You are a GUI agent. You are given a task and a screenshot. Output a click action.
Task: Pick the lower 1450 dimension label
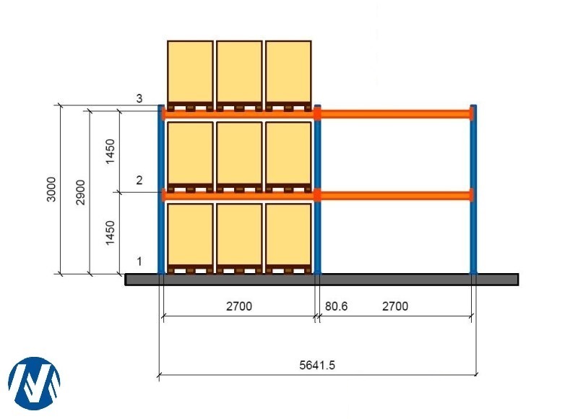pyautogui.click(x=110, y=233)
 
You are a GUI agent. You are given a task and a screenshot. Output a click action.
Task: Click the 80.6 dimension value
pyautogui.click(x=336, y=306)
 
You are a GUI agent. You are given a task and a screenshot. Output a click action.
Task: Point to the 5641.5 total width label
pyautogui.click(x=317, y=365)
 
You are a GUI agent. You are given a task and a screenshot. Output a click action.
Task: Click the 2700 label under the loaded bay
pyautogui.click(x=239, y=306)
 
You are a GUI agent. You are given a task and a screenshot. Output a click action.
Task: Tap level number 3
pyautogui.click(x=139, y=99)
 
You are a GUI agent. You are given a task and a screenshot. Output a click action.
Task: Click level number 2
pyautogui.click(x=139, y=181)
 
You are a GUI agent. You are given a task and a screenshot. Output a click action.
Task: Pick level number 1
pyautogui.click(x=139, y=262)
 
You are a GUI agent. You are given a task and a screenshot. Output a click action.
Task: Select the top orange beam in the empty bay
pyautogui.click(x=395, y=113)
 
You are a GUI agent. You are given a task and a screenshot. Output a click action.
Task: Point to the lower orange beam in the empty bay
pyautogui.click(x=395, y=195)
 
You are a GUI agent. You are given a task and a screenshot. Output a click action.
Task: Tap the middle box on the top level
pyautogui.click(x=239, y=72)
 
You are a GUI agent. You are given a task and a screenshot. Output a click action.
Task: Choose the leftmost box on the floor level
pyautogui.click(x=190, y=234)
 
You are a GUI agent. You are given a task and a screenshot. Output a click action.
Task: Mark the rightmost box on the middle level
pyautogui.click(x=288, y=153)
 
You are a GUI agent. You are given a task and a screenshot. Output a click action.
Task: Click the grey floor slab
pyautogui.click(x=322, y=280)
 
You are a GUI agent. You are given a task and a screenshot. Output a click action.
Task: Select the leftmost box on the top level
pyautogui.click(x=190, y=72)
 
